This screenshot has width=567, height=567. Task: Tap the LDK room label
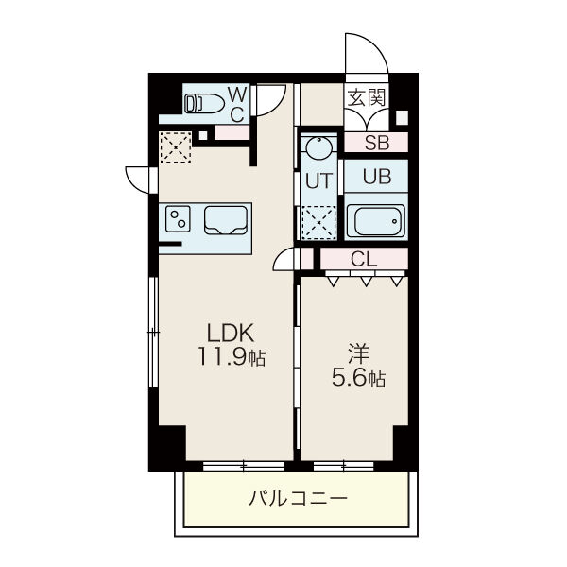coord(231,333)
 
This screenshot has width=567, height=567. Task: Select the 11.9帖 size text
coord(232,357)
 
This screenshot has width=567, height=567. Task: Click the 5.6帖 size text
coord(359,378)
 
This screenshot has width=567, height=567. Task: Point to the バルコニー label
coord(298,499)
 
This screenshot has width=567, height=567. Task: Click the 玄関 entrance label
coord(367,97)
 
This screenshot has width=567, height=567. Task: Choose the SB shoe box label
coord(377,143)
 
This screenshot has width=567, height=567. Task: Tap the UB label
coord(377,177)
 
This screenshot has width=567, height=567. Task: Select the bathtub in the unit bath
coord(376,221)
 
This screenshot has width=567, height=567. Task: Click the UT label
coord(319,180)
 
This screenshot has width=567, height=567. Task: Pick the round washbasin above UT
coord(319,147)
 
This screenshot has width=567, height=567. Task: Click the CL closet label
coord(364,259)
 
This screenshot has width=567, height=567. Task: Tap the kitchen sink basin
coord(226,220)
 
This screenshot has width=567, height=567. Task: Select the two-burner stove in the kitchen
coord(178,219)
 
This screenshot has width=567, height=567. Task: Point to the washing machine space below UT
coord(318,223)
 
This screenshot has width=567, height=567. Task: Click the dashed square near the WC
coord(176,147)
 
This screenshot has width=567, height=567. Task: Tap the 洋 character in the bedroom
coord(358,353)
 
